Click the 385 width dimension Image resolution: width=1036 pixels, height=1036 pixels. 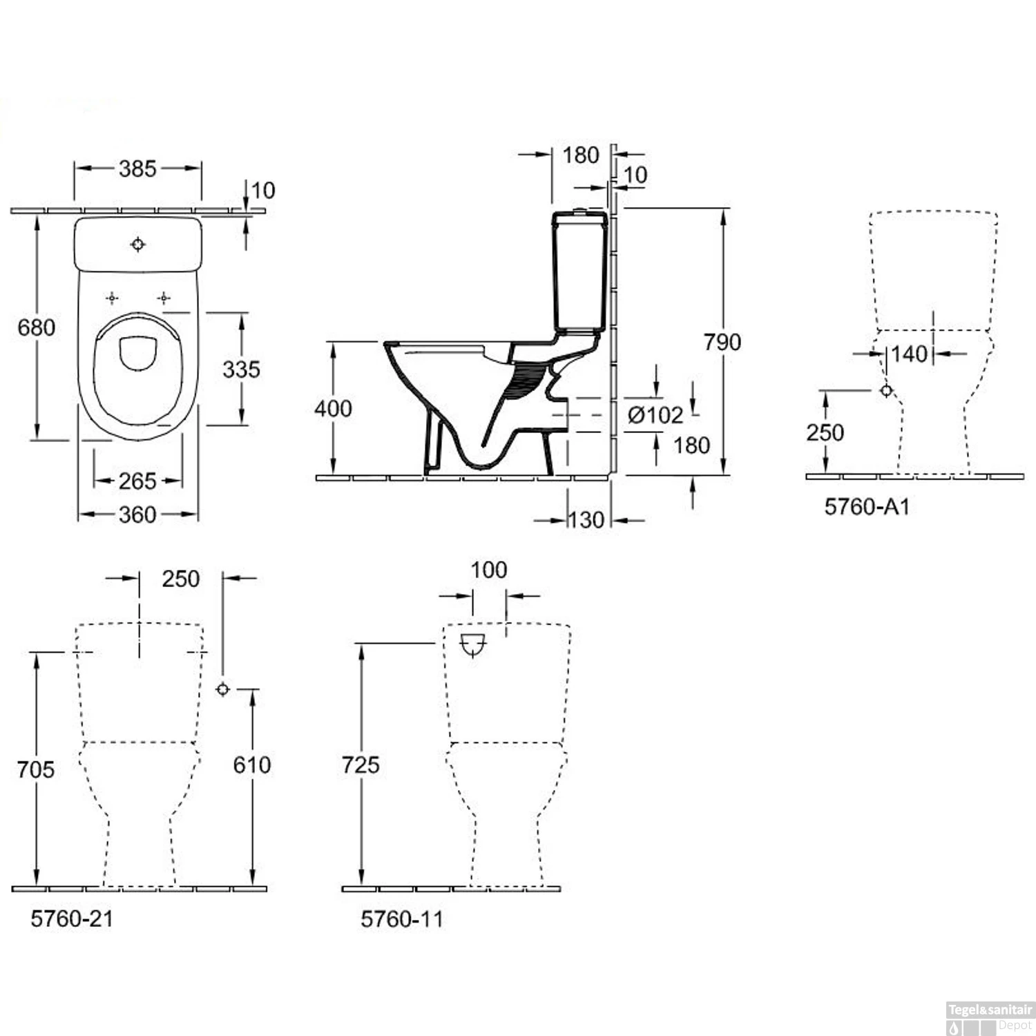pyautogui.click(x=137, y=169)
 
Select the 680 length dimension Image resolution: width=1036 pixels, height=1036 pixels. pyautogui.click(x=36, y=327)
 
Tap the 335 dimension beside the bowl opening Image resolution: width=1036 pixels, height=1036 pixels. pyautogui.click(x=241, y=369)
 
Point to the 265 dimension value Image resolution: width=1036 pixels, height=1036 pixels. pyautogui.click(x=137, y=481)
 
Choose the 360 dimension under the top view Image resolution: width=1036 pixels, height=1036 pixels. pyautogui.click(x=137, y=515)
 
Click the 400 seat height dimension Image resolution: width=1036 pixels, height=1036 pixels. pyautogui.click(x=333, y=408)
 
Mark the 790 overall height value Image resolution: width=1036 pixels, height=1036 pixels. pyautogui.click(x=722, y=341)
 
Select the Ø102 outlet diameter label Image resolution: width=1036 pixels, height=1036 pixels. pyautogui.click(x=655, y=414)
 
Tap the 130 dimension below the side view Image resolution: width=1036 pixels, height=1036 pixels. pyautogui.click(x=586, y=519)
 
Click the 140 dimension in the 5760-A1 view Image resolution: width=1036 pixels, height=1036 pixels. pyautogui.click(x=908, y=354)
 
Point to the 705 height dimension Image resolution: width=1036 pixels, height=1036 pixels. pyautogui.click(x=36, y=769)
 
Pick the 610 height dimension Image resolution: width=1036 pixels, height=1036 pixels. pyautogui.click(x=252, y=765)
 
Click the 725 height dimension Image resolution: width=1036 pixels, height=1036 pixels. pyautogui.click(x=361, y=765)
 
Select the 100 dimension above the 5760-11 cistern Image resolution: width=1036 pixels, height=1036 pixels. pyautogui.click(x=489, y=570)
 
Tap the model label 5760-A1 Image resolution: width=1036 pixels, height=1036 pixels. pyautogui.click(x=867, y=506)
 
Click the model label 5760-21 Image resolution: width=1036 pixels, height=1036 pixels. pyautogui.click(x=72, y=918)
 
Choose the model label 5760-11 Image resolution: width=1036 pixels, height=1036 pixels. pyautogui.click(x=402, y=919)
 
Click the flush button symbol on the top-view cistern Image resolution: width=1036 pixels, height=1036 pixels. pyautogui.click(x=138, y=244)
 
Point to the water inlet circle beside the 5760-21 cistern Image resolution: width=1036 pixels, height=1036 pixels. pyautogui.click(x=222, y=689)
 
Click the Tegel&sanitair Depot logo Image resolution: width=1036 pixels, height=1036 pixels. pyautogui.click(x=990, y=1017)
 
